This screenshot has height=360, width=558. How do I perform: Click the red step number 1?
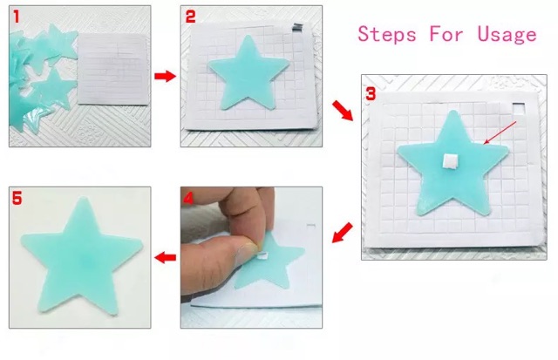coord(17,17)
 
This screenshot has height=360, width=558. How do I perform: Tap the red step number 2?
coord(190,17)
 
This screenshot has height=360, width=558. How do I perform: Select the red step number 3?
coord(371,94)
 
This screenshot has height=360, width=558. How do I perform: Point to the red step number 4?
coord(188,198)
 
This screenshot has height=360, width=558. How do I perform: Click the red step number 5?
coord(17,198)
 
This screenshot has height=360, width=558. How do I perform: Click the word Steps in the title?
coord(387,35)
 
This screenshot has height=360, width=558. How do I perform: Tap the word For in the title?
coord(446,34)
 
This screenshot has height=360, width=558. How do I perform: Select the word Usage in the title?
coord(507,35)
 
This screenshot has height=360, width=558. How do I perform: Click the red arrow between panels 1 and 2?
coord(165,76)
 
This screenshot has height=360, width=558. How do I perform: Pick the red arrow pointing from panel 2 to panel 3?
coord(343,111)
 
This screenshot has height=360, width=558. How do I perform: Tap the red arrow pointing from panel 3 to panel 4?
coord(343,233)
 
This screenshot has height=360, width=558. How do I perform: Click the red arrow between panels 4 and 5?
coord(166,257)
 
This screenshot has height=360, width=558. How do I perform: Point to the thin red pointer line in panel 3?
coord(500,132)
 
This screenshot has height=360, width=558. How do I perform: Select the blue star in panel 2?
coord(248,73)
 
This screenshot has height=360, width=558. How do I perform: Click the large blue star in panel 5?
coord(81,256)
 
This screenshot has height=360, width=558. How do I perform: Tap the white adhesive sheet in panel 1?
coord(112,70)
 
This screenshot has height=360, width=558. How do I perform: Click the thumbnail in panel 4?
coord(247,247)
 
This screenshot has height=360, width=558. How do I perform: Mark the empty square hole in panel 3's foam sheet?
coord(519,108)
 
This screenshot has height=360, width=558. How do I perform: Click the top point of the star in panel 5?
coord(84,198)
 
